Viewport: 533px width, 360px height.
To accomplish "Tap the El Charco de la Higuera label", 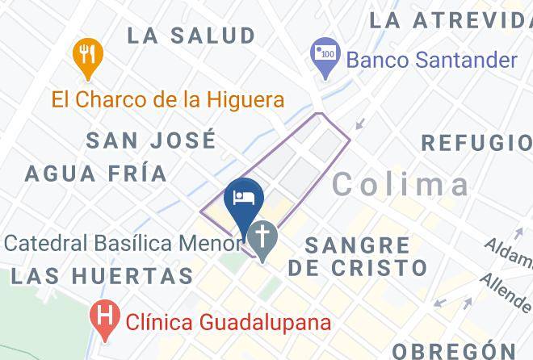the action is click(168, 100).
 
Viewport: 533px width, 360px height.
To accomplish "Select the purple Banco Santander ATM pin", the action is click(325, 59).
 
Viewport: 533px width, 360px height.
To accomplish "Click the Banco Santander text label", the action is click(431, 60).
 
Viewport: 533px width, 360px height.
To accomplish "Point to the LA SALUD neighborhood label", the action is click(191, 36).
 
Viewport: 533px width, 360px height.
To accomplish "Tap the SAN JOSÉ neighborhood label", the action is click(151, 140).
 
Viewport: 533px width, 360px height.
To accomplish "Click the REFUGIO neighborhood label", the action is click(476, 143).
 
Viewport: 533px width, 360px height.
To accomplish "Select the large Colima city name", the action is click(401, 184).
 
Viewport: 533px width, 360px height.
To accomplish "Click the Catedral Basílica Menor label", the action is click(121, 241).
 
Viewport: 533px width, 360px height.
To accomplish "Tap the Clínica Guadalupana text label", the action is click(229, 322).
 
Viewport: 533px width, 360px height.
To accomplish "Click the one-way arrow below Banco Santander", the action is click(360, 123).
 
